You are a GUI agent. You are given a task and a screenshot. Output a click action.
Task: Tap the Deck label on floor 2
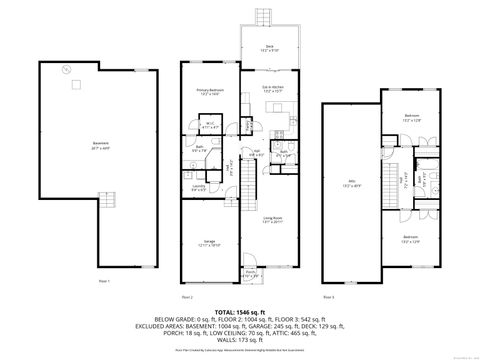pyautogui.click(x=266, y=46)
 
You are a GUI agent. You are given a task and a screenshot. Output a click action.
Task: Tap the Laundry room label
pyautogui.click(x=200, y=186)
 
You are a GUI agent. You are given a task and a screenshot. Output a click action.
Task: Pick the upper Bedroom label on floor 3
pyautogui.click(x=411, y=117)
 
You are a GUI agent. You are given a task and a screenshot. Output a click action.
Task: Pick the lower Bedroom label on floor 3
pyautogui.click(x=411, y=237)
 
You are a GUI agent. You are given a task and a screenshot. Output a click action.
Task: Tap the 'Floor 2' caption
pyautogui.click(x=187, y=297)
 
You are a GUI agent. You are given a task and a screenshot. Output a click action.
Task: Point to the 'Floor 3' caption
pyautogui.click(x=329, y=297)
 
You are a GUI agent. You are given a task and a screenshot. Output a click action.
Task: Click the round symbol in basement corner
pyautogui.click(x=66, y=69)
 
